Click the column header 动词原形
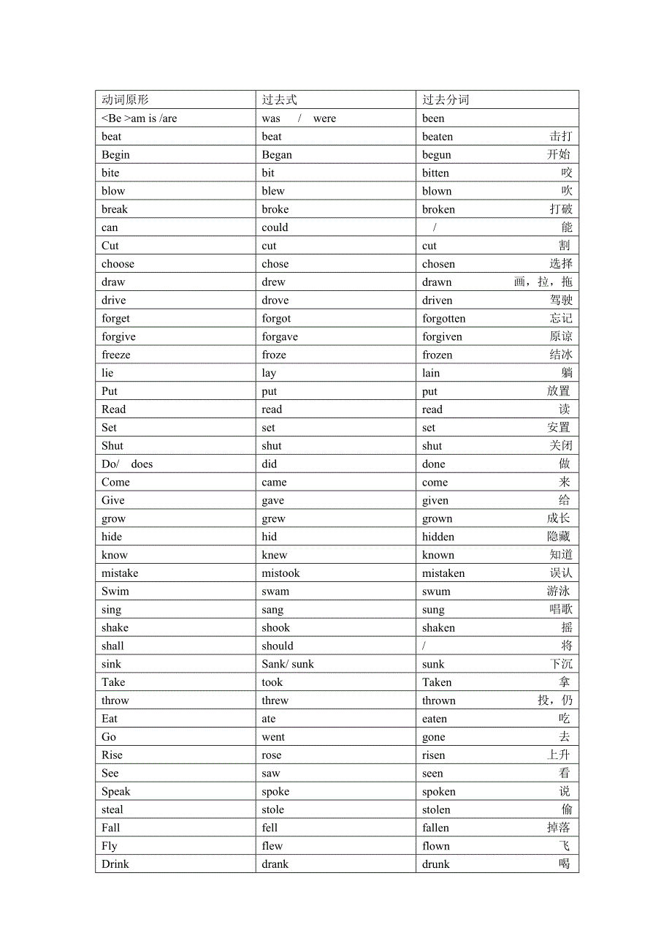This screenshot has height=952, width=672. tap(125, 100)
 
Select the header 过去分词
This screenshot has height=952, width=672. tap(446, 100)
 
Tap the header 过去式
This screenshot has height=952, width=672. tap(280, 100)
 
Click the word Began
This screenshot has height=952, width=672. tap(277, 155)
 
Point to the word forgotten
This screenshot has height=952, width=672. tap(443, 319)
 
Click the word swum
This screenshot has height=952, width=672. tap(436, 592)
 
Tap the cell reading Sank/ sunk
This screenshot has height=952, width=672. tap(288, 665)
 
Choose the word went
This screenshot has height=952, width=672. tap(273, 737)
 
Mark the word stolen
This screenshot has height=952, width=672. tap(436, 810)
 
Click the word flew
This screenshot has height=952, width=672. tap(272, 846)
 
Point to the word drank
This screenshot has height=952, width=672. tap(275, 864)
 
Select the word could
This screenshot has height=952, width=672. tap(275, 228)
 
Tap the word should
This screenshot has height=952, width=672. tap(278, 646)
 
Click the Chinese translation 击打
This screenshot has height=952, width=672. tap(561, 137)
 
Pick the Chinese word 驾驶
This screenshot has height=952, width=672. tap(561, 301)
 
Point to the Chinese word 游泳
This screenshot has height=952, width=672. tap(558, 592)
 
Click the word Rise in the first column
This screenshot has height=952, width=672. tap(112, 755)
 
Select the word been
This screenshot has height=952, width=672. tap(433, 118)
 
